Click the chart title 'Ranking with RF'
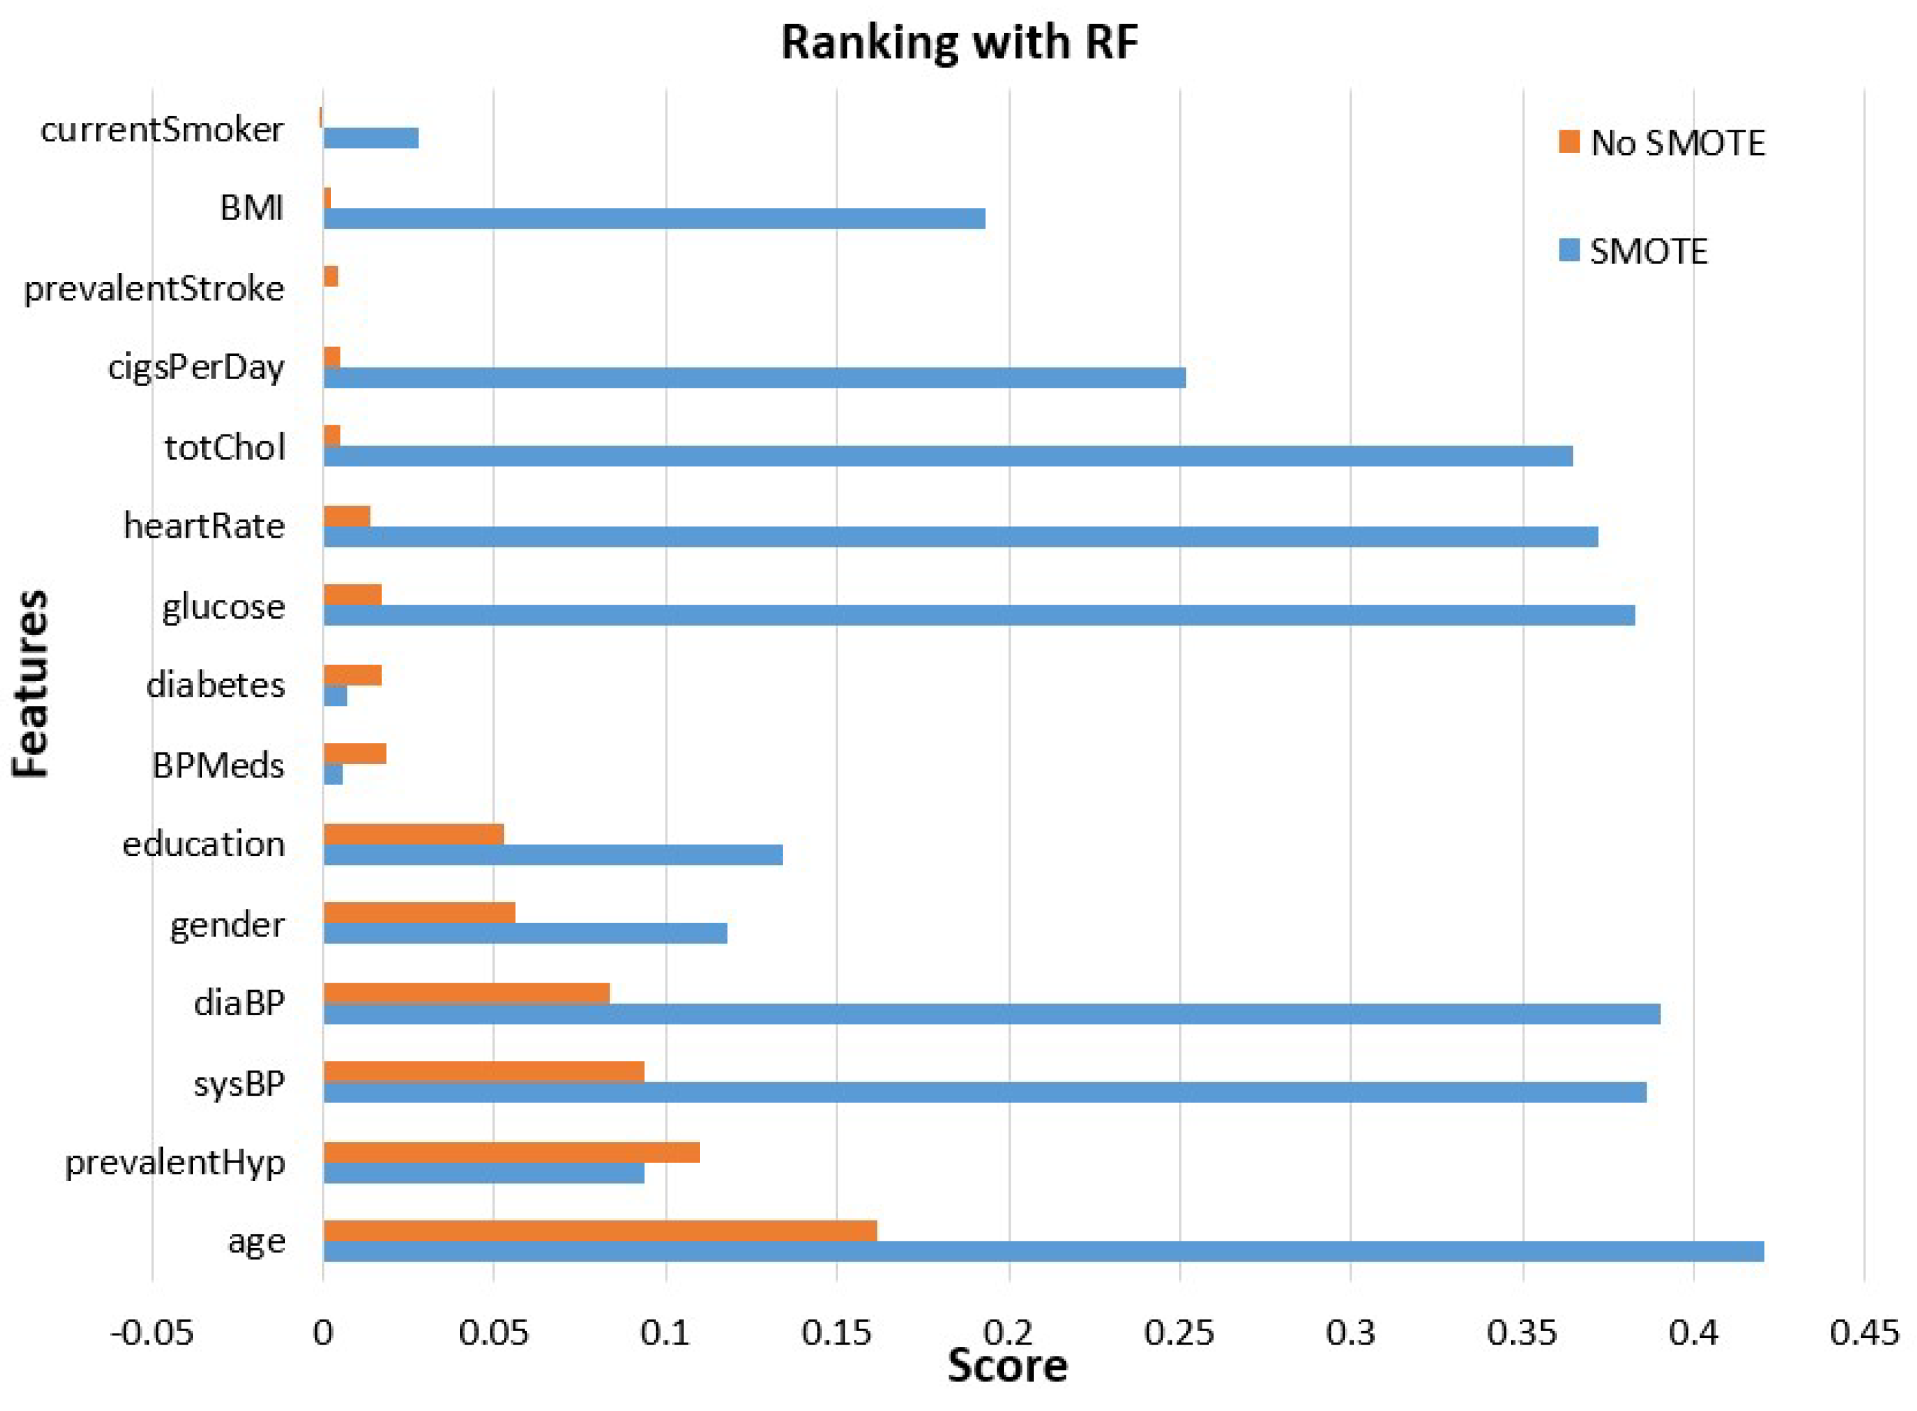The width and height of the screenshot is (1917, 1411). pos(959,42)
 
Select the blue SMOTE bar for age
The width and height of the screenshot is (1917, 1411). pos(1043,1251)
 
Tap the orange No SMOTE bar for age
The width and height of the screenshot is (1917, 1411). pos(600,1231)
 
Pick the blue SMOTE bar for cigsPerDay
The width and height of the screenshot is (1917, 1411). pos(754,377)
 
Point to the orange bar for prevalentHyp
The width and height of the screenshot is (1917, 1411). pos(511,1152)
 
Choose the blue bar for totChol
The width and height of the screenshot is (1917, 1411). pos(948,456)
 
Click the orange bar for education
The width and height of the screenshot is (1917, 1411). pos(414,835)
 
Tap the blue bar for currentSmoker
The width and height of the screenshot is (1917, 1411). pos(370,138)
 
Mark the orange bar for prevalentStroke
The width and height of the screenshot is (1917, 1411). pos(331,277)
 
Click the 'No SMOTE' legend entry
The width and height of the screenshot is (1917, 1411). pos(1661,143)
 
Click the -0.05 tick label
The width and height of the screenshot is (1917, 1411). pos(152,1332)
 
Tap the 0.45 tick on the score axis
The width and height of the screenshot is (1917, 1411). pos(1864,1332)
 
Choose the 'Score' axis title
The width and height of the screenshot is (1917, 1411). pos(1007,1365)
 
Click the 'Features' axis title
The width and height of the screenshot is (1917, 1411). pos(31,683)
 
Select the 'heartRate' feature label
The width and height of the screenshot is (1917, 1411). pos(204,526)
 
